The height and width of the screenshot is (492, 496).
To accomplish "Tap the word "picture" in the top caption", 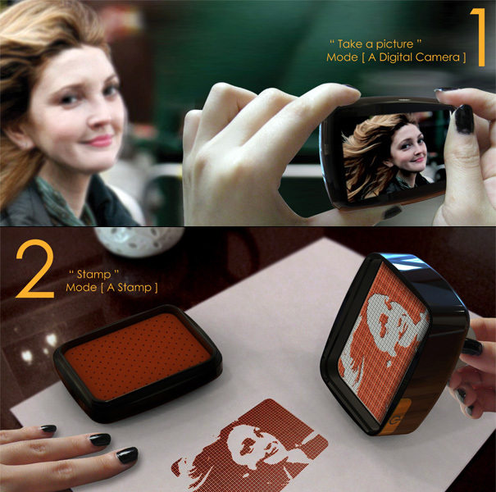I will (374, 43).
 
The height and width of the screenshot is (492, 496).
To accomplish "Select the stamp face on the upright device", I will (381, 344).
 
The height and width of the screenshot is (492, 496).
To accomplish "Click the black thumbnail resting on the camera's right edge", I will (464, 119).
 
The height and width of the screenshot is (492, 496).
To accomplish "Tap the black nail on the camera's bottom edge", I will (392, 212).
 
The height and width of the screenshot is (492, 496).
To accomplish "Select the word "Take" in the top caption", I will (348, 43).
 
